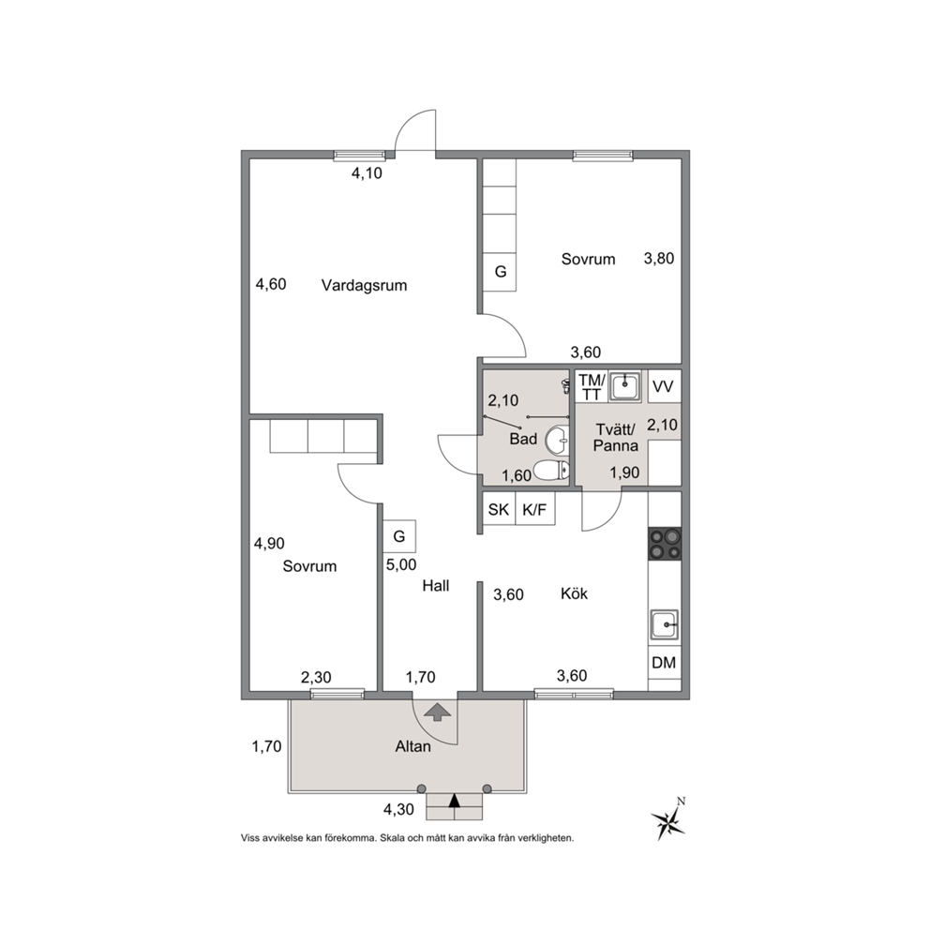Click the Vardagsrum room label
(x=364, y=286)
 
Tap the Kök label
(x=574, y=593)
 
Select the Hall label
(x=436, y=586)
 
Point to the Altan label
(x=412, y=746)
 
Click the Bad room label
(x=523, y=439)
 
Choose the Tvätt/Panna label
(x=616, y=437)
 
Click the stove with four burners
(x=665, y=544)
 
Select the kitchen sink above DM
(x=665, y=624)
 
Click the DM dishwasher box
(x=665, y=663)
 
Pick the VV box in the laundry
(x=663, y=386)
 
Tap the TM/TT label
(x=592, y=386)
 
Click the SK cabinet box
(x=499, y=509)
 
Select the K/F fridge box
(x=535, y=509)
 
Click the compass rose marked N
(x=668, y=820)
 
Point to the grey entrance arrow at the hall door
(x=438, y=712)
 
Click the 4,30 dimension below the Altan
(x=398, y=810)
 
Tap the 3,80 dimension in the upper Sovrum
(x=659, y=259)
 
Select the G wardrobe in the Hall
(x=399, y=537)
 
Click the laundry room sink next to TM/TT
(x=624, y=386)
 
